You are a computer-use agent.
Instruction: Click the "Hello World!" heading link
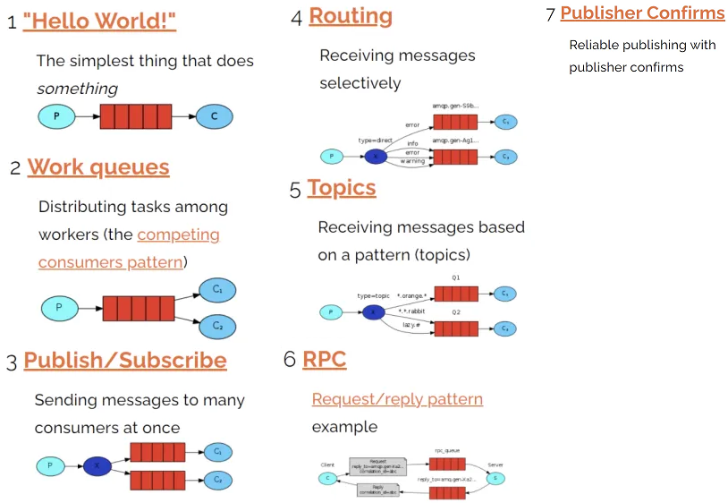click(99, 21)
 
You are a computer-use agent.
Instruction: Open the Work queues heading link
click(98, 167)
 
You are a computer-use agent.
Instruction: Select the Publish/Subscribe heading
click(125, 361)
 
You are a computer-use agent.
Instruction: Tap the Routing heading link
click(351, 16)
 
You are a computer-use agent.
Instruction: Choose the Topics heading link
click(342, 188)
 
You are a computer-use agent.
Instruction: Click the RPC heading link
click(325, 360)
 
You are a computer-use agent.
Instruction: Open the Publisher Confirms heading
click(642, 13)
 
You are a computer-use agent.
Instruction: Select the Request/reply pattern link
click(397, 399)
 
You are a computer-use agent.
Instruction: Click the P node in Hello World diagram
click(56, 116)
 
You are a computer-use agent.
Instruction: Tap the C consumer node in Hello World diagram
click(215, 116)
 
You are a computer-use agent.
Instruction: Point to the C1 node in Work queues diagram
click(217, 290)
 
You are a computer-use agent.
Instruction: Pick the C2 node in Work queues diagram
click(217, 326)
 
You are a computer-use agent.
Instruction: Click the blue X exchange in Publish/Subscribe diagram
click(97, 465)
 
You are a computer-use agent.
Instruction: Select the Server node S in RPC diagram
click(495, 479)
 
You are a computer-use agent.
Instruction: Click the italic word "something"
click(77, 89)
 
